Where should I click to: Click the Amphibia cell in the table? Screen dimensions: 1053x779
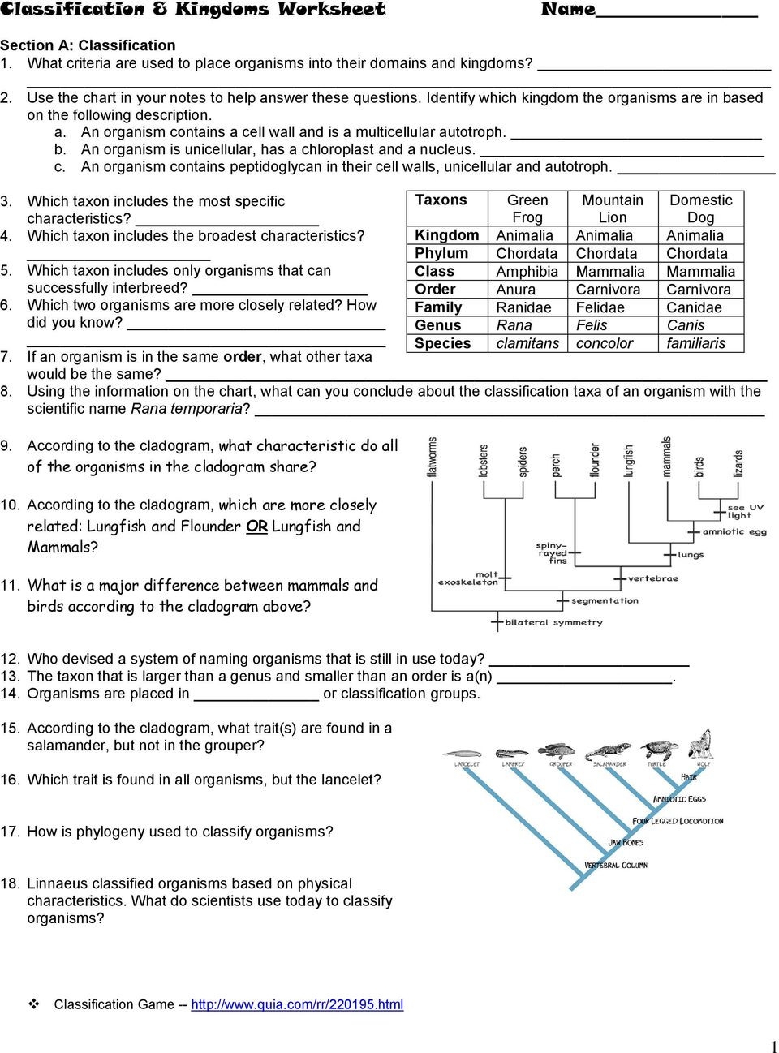click(x=527, y=272)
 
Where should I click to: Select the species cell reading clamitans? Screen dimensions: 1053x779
click(x=527, y=343)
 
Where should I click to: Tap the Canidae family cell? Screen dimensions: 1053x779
click(x=694, y=307)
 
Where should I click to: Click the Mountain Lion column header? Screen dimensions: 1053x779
click(x=612, y=208)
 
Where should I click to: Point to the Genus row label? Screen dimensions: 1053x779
click(x=438, y=325)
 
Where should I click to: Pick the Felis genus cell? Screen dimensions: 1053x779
click(x=592, y=325)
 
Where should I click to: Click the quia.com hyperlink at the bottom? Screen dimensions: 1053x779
click(x=297, y=1004)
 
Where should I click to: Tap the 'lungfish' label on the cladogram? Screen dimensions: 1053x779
click(x=628, y=460)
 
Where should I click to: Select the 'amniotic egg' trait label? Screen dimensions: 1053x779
click(x=734, y=532)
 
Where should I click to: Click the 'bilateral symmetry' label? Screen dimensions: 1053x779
click(x=553, y=622)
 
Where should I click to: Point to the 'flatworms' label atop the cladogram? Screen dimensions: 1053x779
click(x=432, y=457)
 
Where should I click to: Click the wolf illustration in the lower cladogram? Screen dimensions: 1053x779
click(x=701, y=744)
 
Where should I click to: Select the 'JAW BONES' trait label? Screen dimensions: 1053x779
click(x=626, y=843)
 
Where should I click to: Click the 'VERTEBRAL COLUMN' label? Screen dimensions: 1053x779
click(x=616, y=866)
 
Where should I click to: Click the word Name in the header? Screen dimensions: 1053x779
click(x=568, y=10)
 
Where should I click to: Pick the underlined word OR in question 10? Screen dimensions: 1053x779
click(x=256, y=526)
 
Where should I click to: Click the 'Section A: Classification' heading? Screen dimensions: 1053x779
click(x=88, y=45)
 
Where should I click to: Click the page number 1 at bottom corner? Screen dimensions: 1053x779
click(x=773, y=1046)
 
